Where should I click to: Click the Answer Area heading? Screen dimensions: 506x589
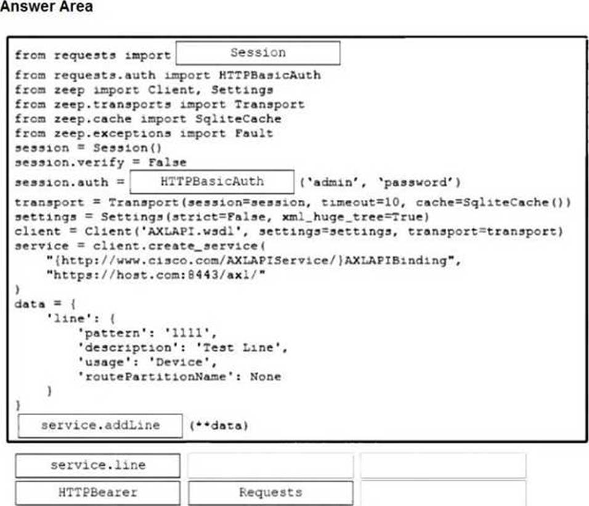(x=47, y=7)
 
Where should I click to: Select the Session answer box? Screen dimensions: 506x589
(x=258, y=53)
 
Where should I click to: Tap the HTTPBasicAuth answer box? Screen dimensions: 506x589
(x=212, y=182)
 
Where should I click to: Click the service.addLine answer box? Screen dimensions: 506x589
(x=100, y=425)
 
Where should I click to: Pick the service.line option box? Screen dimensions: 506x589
(x=98, y=465)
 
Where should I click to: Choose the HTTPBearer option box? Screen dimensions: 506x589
(x=98, y=492)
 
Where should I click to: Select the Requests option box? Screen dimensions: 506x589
(x=270, y=492)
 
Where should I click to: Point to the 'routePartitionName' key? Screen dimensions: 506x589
(x=160, y=376)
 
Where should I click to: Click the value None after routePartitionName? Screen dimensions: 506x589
(x=266, y=376)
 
